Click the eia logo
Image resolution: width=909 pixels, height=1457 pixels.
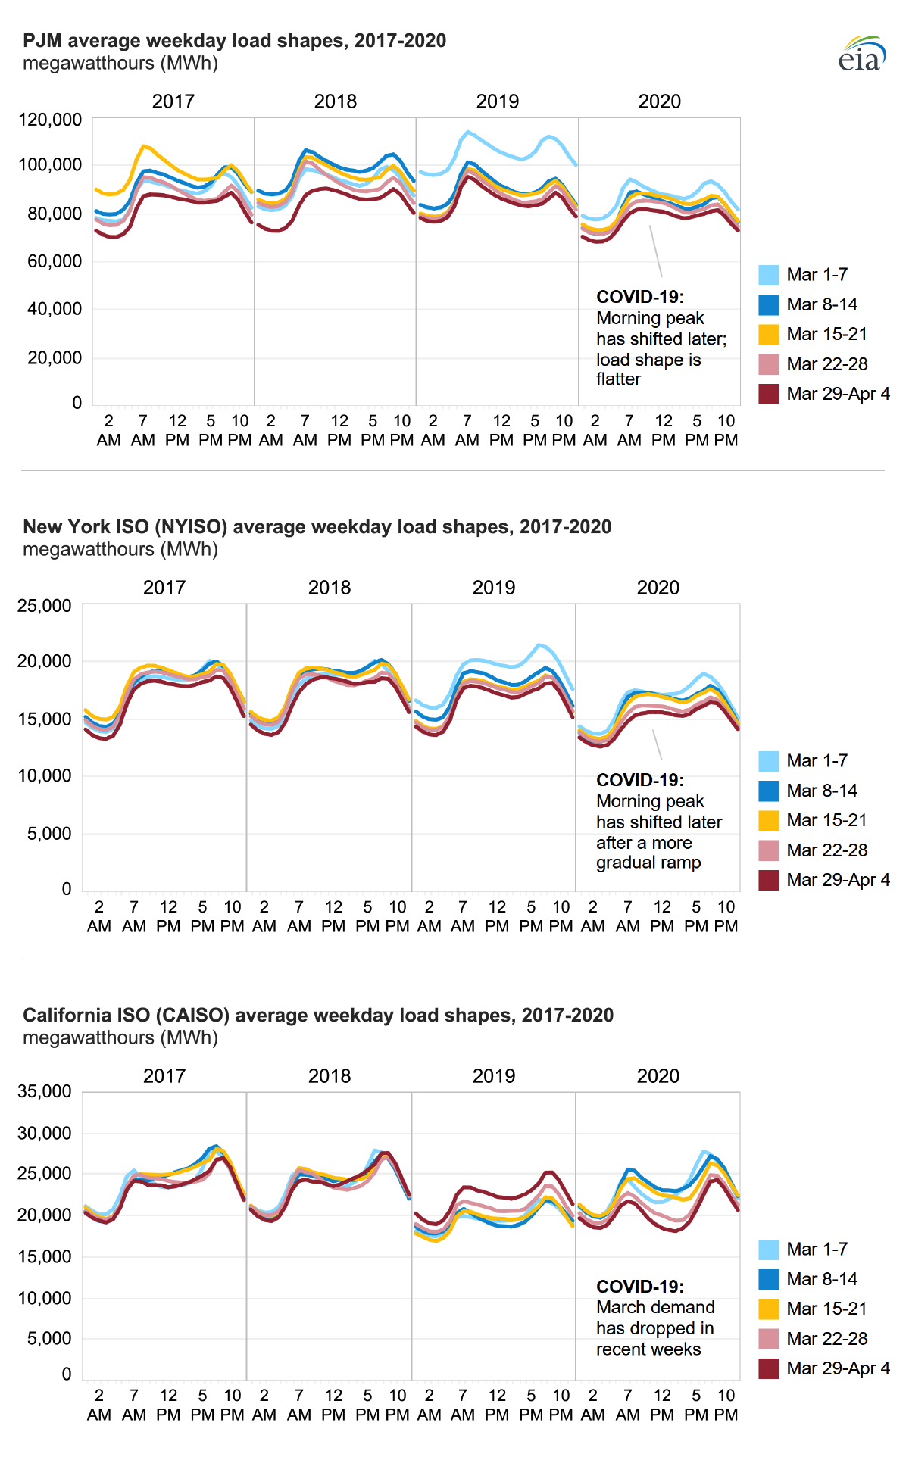(x=862, y=55)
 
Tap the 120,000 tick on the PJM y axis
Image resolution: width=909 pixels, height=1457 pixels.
(x=50, y=120)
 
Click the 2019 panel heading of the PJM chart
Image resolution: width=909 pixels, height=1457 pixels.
(x=497, y=101)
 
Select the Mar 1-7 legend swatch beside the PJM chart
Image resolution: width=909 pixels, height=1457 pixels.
(x=768, y=275)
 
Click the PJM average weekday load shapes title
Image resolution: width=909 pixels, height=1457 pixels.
(x=234, y=41)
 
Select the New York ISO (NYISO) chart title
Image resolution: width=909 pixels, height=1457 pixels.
(x=317, y=527)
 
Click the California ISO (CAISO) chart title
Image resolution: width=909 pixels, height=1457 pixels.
(x=318, y=1016)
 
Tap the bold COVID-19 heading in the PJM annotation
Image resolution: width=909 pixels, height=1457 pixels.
(x=639, y=297)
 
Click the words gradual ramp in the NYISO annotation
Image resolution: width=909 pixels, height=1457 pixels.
(x=648, y=863)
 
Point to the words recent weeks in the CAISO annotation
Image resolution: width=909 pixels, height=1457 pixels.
(x=648, y=1349)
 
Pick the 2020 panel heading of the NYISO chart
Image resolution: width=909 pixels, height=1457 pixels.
(x=658, y=588)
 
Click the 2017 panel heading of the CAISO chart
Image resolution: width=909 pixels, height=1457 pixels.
(x=164, y=1076)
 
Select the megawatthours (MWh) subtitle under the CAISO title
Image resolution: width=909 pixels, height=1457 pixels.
(x=120, y=1037)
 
